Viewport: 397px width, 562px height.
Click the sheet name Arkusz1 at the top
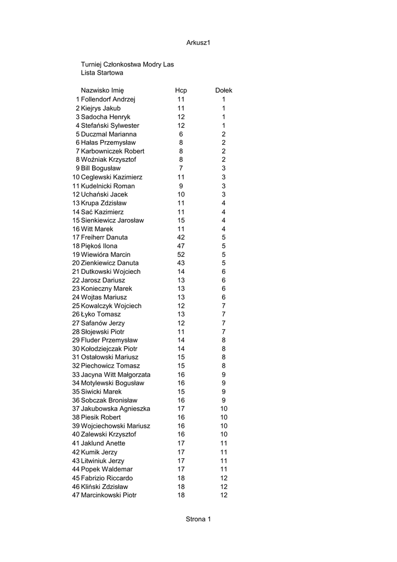[198, 43]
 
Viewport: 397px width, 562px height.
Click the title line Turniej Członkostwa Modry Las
[127, 64]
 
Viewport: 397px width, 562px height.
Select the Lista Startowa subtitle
[102, 72]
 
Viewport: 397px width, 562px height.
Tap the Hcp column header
[181, 91]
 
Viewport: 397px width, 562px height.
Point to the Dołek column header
[224, 91]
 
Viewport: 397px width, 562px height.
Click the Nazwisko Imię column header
[103, 91]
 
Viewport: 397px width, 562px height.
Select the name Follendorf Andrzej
[108, 99]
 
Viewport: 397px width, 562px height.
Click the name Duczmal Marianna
[109, 134]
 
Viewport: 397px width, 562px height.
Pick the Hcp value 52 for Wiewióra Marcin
[181, 255]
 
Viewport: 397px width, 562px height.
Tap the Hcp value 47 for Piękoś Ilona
[181, 246]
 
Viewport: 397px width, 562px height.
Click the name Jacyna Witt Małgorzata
[116, 375]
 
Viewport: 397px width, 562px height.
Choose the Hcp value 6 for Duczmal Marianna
[181, 134]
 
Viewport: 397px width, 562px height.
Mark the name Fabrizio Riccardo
[107, 478]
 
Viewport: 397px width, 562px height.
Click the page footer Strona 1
[198, 519]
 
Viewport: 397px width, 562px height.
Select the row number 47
[76, 495]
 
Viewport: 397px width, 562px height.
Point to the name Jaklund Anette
[103, 443]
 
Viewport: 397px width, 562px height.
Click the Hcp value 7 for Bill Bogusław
[181, 168]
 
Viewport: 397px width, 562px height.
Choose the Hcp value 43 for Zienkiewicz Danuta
[181, 263]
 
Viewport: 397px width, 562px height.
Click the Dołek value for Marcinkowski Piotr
[224, 495]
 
